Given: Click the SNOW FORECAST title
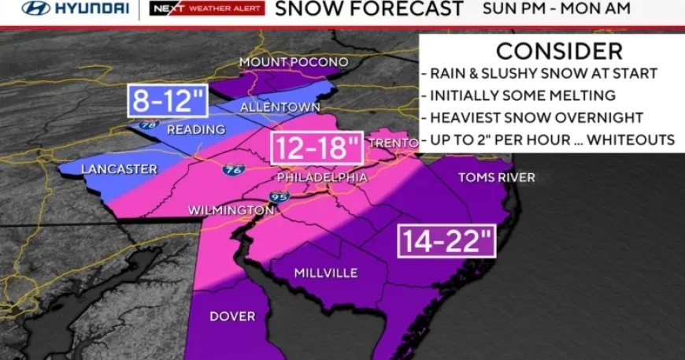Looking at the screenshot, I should pos(369,9).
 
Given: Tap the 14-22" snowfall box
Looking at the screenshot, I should pos(447,240).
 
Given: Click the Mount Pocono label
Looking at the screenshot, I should pos(294,62).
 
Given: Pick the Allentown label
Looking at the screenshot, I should pos(291,106).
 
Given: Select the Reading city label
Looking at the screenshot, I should pos(196,129).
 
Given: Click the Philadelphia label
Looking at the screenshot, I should pos(323,178).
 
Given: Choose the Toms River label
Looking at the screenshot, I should pos(497,177).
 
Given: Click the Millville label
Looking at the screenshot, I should pos(326,273).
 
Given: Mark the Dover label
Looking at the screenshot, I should pos(231,316).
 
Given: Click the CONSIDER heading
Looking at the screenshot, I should pos(559,50).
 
